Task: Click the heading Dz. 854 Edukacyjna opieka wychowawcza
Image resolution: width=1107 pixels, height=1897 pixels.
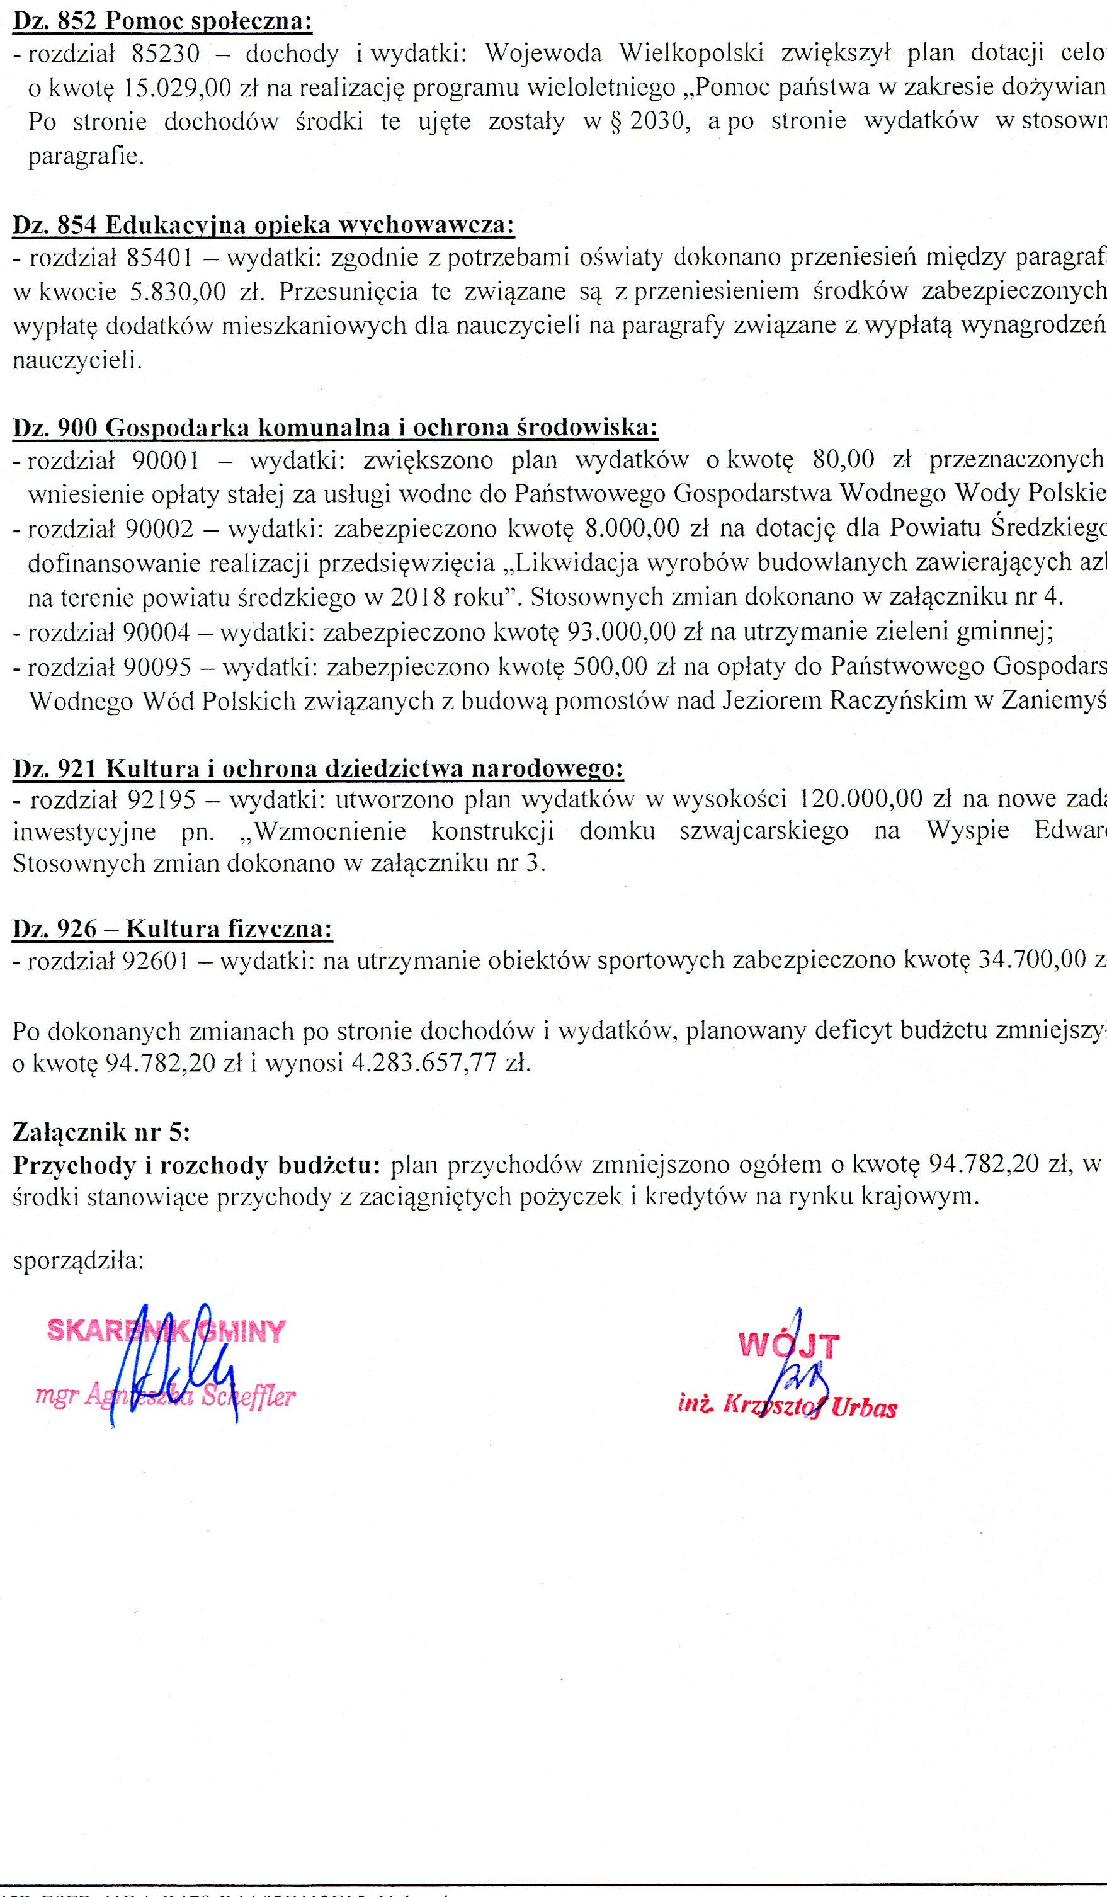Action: click(x=263, y=225)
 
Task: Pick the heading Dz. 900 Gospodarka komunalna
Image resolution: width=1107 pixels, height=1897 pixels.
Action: click(x=336, y=428)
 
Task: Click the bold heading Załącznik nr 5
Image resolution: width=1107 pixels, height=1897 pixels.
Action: click(x=101, y=1132)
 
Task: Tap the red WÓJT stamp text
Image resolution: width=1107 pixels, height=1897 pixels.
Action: click(x=788, y=1345)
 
